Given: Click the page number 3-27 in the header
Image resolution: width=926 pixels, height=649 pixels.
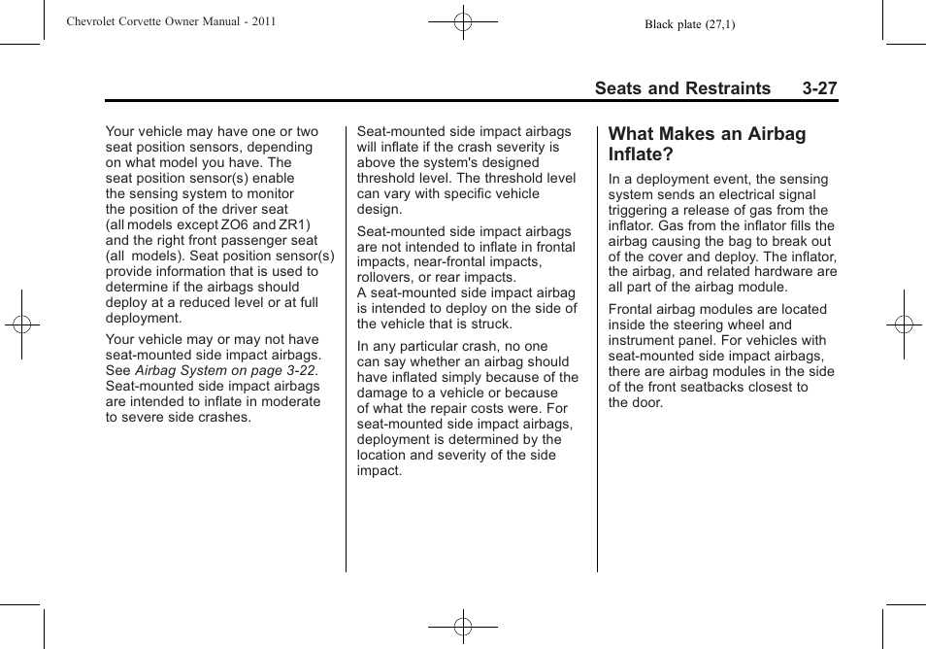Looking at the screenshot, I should (x=819, y=88).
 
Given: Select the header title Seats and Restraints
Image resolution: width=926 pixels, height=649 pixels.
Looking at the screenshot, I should (x=682, y=88).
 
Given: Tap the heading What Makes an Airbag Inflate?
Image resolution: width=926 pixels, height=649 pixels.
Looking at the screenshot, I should (x=707, y=144).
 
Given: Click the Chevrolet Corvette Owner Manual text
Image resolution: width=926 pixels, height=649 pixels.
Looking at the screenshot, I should (x=171, y=21).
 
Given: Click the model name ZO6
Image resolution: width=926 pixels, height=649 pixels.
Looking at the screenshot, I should (x=234, y=224).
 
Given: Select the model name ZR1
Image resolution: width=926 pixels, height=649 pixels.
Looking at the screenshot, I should (x=294, y=224).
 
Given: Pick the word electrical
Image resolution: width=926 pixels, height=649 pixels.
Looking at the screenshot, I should (x=719, y=194).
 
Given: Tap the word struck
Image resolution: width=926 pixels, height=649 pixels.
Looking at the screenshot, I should (x=491, y=324).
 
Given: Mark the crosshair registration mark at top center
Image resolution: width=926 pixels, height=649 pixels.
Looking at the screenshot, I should (x=463, y=20).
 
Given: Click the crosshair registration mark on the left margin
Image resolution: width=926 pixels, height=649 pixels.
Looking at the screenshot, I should (x=21, y=324).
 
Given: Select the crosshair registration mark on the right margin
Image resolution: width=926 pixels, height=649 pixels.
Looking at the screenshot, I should (x=904, y=324).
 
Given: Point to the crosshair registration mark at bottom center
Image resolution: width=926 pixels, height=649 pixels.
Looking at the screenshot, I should (x=463, y=628).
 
